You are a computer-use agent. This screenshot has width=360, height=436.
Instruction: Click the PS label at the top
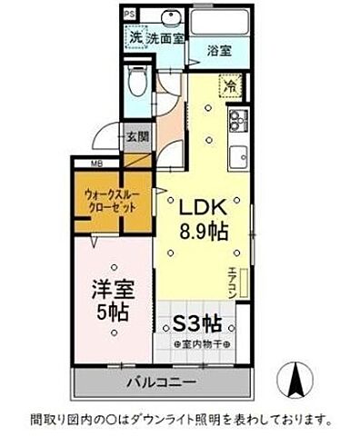click(129, 14)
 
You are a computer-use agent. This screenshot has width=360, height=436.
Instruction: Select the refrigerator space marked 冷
click(230, 87)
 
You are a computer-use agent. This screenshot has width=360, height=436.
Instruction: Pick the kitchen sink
click(238, 157)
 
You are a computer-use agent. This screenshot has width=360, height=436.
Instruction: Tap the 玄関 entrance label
click(138, 135)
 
